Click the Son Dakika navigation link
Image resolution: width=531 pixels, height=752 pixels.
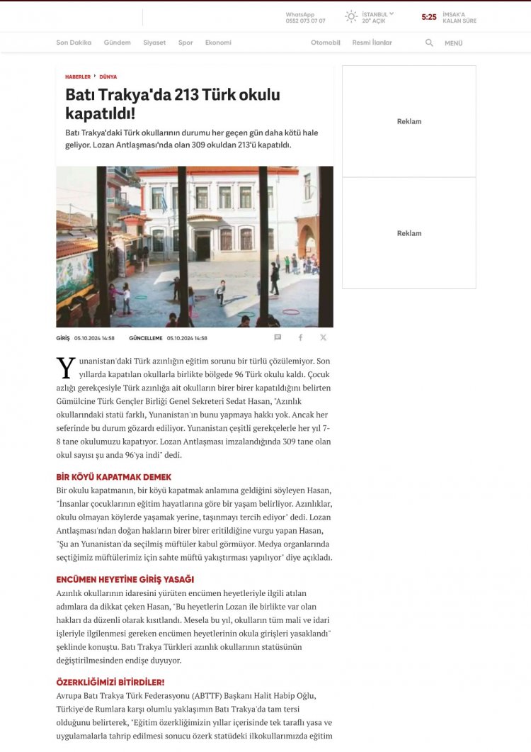[74, 43]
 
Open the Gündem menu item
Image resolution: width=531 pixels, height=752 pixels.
[117, 43]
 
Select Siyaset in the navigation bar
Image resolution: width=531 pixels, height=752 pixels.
[154, 43]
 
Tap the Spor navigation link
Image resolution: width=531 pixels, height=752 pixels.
[185, 43]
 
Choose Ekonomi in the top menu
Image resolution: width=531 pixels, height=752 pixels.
[218, 43]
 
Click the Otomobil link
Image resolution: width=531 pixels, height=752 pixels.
[326, 43]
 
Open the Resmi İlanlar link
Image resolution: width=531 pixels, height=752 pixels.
[372, 43]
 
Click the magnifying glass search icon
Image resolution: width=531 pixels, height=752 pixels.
[429, 43]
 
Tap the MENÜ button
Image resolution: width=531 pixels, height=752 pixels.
[453, 43]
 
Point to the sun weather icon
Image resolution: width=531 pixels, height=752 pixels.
[351, 16]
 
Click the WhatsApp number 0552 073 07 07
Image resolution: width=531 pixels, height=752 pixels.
[305, 21]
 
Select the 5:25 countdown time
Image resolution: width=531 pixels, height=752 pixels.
[429, 17]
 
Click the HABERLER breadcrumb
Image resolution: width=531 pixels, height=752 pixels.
[78, 77]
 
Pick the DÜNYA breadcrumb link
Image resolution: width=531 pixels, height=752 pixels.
[108, 77]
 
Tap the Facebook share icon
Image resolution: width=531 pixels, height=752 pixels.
[300, 338]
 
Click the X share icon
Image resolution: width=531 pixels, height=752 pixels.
[324, 338]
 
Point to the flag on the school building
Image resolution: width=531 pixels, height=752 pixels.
[165, 204]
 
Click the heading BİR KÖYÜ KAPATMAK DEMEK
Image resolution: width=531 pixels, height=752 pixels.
[113, 477]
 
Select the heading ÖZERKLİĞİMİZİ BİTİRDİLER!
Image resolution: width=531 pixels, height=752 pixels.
[110, 682]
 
